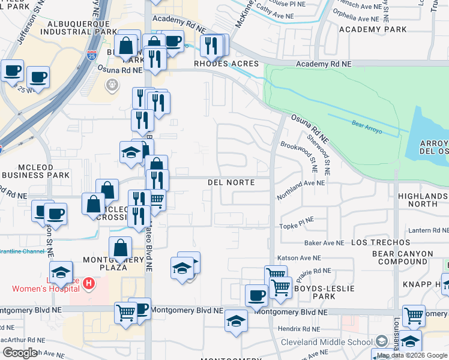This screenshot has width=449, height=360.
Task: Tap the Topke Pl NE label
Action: [297, 226]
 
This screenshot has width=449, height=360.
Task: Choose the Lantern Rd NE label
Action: [426, 230]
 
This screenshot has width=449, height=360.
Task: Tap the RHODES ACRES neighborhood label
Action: [226, 64]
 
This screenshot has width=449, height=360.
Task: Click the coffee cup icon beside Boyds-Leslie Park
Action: [256, 295]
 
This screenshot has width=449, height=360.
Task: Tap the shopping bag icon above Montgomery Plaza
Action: [121, 247]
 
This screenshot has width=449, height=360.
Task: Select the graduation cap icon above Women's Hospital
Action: [61, 273]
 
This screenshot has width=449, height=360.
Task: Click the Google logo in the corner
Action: [19, 353]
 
